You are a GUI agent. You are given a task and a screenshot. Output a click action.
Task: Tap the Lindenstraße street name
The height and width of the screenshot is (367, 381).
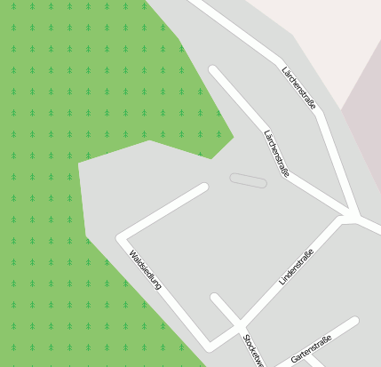click(x=297, y=267)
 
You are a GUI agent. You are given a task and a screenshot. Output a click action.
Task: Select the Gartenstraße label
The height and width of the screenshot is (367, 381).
click(x=311, y=349)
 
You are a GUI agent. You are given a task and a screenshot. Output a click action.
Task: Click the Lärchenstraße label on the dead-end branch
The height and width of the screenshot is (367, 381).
click(x=276, y=153)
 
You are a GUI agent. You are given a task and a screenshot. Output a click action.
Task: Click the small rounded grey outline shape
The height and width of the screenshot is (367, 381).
click(x=248, y=180)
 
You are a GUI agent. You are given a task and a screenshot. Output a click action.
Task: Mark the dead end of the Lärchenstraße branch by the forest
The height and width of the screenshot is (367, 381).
click(x=213, y=69)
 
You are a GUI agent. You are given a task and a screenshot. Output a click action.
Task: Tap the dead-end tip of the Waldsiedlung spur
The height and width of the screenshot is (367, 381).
click(x=203, y=187)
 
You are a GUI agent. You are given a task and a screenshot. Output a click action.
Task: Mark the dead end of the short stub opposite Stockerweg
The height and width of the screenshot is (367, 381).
click(x=215, y=297)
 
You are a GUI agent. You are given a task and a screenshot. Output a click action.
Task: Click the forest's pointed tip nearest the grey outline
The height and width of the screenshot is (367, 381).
click(x=233, y=138)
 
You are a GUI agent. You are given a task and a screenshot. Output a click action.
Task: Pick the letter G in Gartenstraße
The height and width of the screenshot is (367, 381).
click(x=294, y=359)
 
